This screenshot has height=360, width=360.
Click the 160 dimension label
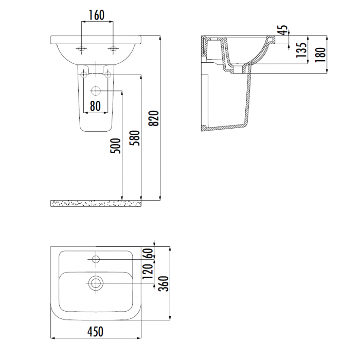pyautogui.click(x=97, y=15)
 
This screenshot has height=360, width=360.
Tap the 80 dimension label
pyautogui.click(x=95, y=106)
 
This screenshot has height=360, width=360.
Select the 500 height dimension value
pyautogui.click(x=116, y=146)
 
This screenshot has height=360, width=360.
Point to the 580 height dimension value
pyautogui.click(x=135, y=138)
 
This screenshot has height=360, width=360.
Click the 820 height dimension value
pyautogui.click(x=154, y=118)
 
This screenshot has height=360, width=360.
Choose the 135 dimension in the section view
pyautogui.click(x=302, y=49)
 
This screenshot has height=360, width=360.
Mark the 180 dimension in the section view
pyautogui.click(x=321, y=55)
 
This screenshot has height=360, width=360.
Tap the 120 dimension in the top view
pyautogui.click(x=148, y=272)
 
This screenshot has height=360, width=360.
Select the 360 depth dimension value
pyautogui.click(x=164, y=283)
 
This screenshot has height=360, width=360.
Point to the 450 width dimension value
pyautogui.click(x=96, y=332)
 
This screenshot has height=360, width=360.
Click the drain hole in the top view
pyautogui.click(x=96, y=283)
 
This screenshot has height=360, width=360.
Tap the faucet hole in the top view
pyautogui.click(x=96, y=259)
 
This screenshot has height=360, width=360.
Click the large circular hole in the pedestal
pyautogui.click(x=96, y=91)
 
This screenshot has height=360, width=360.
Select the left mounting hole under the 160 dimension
pyautogui.click(x=81, y=49)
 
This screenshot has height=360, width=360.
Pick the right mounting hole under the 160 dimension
pyautogui.click(x=113, y=49)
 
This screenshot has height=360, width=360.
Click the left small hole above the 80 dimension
pyautogui.click(x=84, y=75)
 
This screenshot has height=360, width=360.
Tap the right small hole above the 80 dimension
pyautogui.click(x=107, y=75)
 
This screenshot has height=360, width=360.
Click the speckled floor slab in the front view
pyautogui.click(x=96, y=204)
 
